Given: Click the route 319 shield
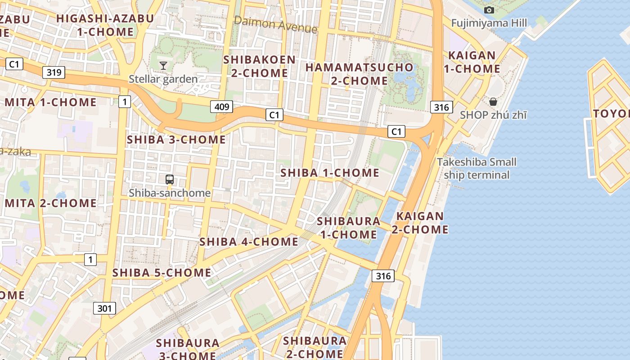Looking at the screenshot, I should (54, 72).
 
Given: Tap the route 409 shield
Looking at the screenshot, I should (221, 107).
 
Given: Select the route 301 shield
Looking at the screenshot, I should (104, 308).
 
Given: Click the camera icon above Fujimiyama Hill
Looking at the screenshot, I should (489, 10).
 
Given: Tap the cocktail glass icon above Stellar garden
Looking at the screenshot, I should (163, 66).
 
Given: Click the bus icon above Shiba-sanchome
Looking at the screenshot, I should (170, 180).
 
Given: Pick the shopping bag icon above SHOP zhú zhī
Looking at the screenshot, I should (493, 102).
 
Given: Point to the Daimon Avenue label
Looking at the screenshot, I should (275, 24).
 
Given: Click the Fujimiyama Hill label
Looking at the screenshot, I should (489, 23).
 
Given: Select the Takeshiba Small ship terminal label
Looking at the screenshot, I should (477, 168).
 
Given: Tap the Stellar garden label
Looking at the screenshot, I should (163, 79).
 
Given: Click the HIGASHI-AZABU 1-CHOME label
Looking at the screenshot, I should (105, 25).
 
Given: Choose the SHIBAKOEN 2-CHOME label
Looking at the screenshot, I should (260, 66).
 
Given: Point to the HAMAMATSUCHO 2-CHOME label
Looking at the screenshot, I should (359, 74).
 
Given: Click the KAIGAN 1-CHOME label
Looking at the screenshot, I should (472, 62).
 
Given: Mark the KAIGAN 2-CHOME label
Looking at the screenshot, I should (420, 223).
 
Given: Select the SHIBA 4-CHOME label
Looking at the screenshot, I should (248, 242).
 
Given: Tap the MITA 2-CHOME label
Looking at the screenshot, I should (51, 203).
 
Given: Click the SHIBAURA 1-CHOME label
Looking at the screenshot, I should (348, 228).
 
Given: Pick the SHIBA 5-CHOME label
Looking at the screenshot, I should (162, 272).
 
